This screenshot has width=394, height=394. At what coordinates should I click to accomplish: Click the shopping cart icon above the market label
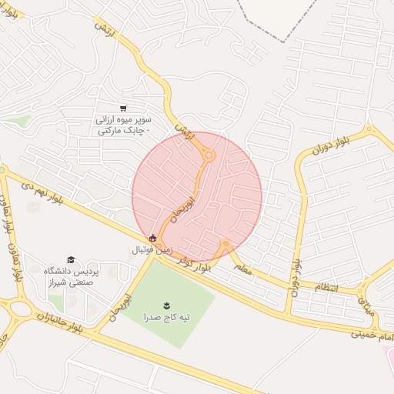[124, 109]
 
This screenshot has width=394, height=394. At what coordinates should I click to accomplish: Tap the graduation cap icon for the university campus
[71, 260]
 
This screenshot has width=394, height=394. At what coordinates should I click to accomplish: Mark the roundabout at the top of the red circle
[209, 155]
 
